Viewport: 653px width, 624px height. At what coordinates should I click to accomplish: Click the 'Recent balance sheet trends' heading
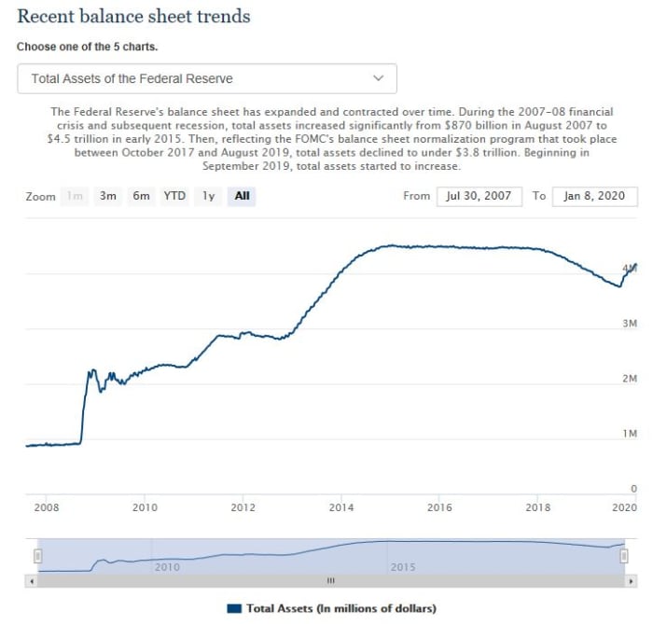click(133, 17)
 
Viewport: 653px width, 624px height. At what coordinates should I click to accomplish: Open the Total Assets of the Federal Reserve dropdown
click(207, 79)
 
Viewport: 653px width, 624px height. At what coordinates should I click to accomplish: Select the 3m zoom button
click(108, 196)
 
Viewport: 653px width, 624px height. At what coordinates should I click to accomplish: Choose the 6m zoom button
click(141, 196)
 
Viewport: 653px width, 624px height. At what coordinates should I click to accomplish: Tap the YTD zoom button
click(174, 196)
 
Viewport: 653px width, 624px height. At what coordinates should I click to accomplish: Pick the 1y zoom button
click(209, 196)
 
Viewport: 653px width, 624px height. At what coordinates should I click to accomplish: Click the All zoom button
click(242, 196)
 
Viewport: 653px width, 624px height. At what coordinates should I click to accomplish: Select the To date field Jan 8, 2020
click(595, 196)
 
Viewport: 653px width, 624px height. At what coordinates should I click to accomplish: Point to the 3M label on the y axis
click(629, 324)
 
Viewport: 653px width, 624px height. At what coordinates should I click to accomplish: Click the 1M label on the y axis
click(629, 434)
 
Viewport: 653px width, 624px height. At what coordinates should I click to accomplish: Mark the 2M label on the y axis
click(629, 379)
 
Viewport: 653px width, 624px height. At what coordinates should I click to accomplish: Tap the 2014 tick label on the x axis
click(341, 507)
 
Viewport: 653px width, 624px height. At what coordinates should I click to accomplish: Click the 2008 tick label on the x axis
click(47, 507)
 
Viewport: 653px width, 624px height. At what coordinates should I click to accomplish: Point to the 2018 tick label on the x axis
click(538, 507)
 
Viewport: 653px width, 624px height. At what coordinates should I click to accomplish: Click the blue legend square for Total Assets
click(234, 608)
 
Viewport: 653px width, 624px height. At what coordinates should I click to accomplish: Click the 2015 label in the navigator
click(403, 567)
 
